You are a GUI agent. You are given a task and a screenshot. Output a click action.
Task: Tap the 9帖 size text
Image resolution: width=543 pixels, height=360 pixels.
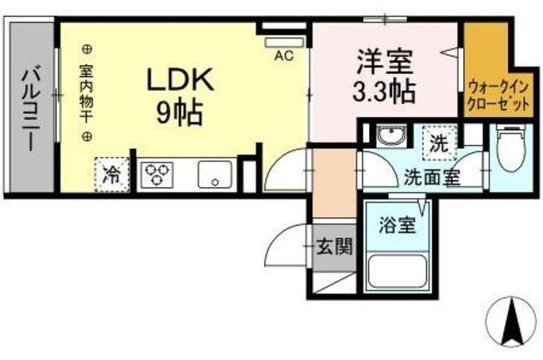coord(178,113)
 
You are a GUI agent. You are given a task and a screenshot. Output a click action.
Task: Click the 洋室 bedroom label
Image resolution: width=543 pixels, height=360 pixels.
coord(383,62)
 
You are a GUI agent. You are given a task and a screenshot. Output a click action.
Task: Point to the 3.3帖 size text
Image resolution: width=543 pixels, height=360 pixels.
coord(383,90)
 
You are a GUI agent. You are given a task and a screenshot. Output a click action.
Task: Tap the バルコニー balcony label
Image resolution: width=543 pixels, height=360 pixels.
coord(29,108)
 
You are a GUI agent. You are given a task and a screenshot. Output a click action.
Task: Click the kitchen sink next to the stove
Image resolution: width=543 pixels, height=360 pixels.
coord(216,175)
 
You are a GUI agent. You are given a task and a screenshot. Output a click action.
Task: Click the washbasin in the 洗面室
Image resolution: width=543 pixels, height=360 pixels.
coord(391,138)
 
